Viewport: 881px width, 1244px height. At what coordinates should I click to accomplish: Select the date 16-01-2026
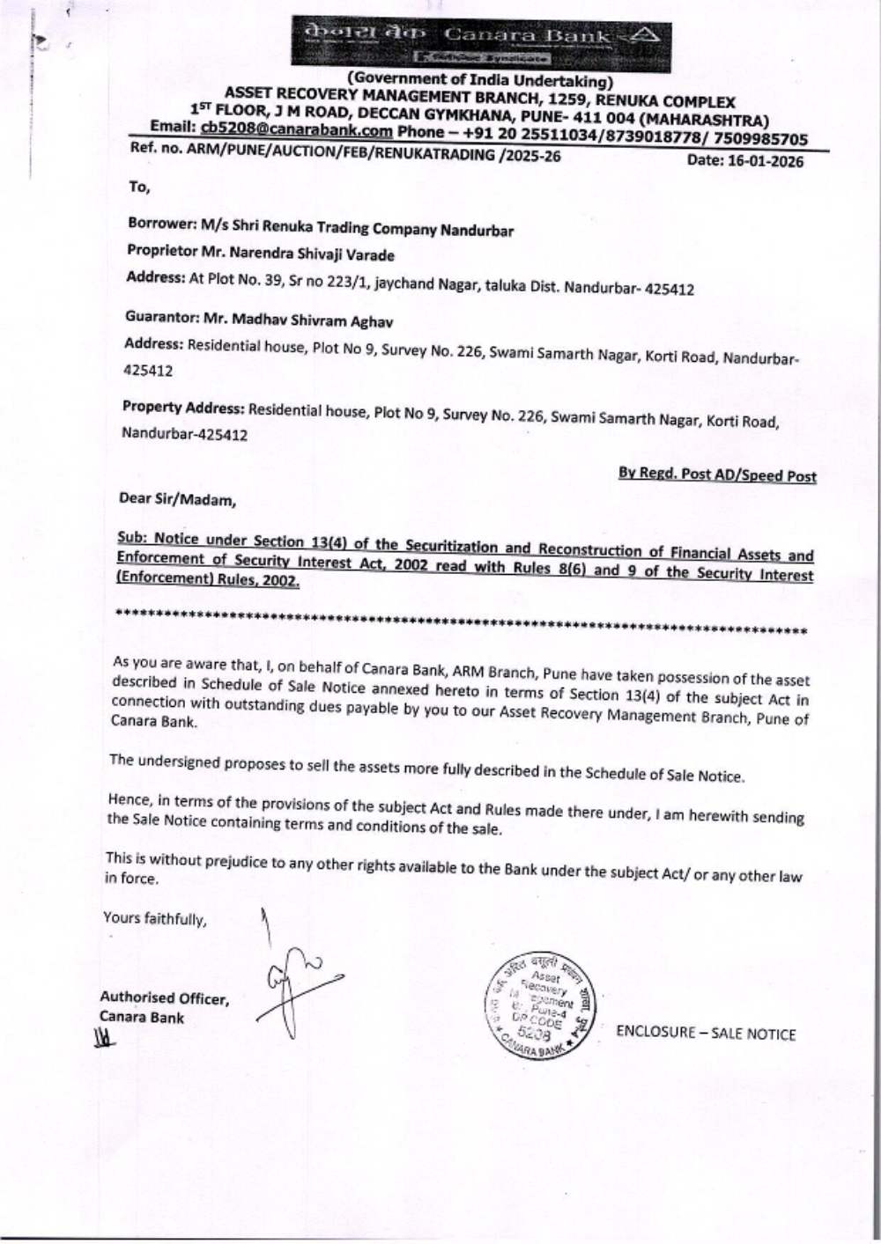750,161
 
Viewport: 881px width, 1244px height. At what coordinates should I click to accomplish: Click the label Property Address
182,407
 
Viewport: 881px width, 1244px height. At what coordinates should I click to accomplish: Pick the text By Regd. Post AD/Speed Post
717,475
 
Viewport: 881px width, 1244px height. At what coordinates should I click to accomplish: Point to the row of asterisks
462,621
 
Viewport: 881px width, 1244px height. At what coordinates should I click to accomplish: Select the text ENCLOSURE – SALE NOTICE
706,1034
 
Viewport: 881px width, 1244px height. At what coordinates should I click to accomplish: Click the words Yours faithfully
155,918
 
